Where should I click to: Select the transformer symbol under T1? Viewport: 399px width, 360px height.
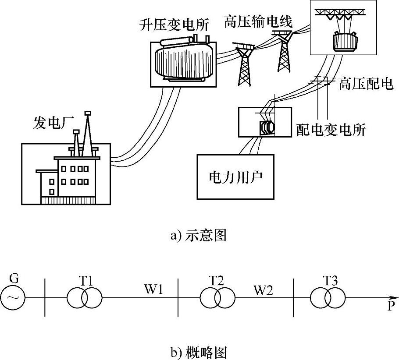84,298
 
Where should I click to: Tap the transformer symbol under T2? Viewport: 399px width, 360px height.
217,298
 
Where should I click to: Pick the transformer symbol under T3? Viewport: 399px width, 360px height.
328,298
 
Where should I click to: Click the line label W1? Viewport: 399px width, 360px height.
154,289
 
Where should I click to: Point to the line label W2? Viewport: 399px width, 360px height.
264,289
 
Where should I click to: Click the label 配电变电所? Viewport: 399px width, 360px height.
331,130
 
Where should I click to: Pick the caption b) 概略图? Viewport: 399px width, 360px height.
199,351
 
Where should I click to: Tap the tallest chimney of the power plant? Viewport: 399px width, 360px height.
87,131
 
